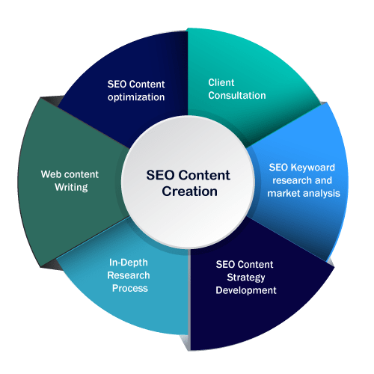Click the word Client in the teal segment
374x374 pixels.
click(x=221, y=82)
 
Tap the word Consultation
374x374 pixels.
click(x=237, y=96)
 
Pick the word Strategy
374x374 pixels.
click(x=246, y=278)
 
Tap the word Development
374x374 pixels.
click(x=246, y=290)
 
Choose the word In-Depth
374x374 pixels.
click(x=129, y=263)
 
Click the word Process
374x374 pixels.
click(x=130, y=288)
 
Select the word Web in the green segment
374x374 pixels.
click(x=49, y=174)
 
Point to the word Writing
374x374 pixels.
click(x=71, y=188)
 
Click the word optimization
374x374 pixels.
click(x=136, y=97)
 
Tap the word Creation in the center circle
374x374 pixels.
click(x=189, y=191)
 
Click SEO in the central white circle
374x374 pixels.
click(x=160, y=175)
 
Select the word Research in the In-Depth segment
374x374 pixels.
click(x=129, y=275)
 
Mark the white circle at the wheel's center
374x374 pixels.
click(x=188, y=182)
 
